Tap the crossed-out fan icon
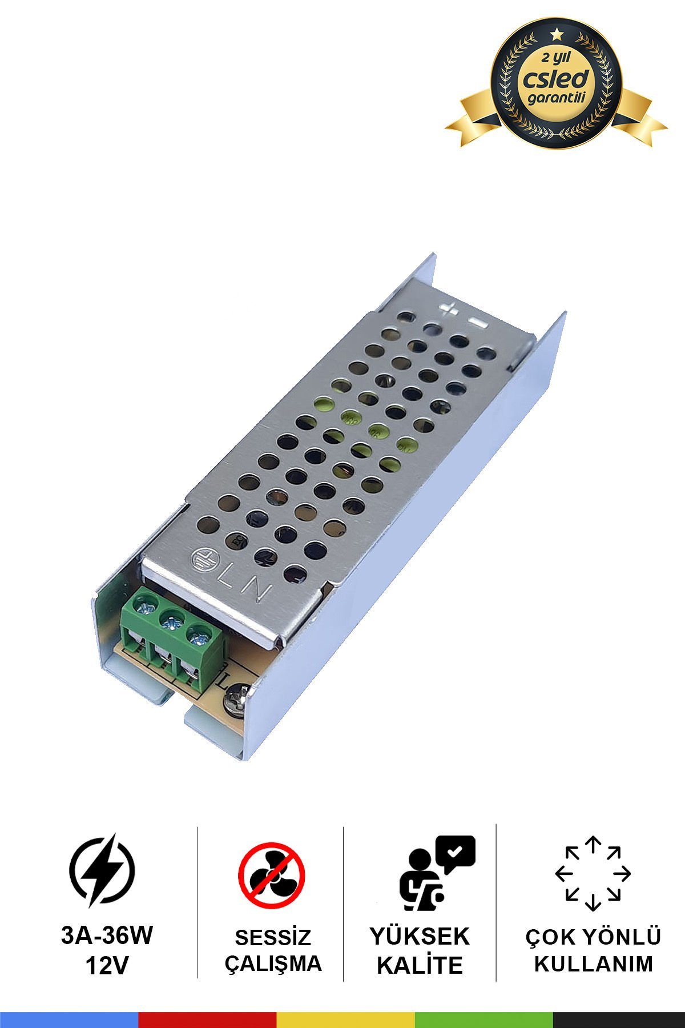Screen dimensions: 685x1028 click(272, 876)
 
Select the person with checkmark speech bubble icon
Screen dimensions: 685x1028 click(436, 873)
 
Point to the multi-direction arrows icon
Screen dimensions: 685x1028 click(593, 873)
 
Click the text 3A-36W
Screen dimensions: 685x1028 click(107, 935)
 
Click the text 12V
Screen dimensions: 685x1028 click(107, 966)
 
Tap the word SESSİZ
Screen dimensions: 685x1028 click(273, 937)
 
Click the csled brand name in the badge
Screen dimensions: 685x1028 click(556, 79)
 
